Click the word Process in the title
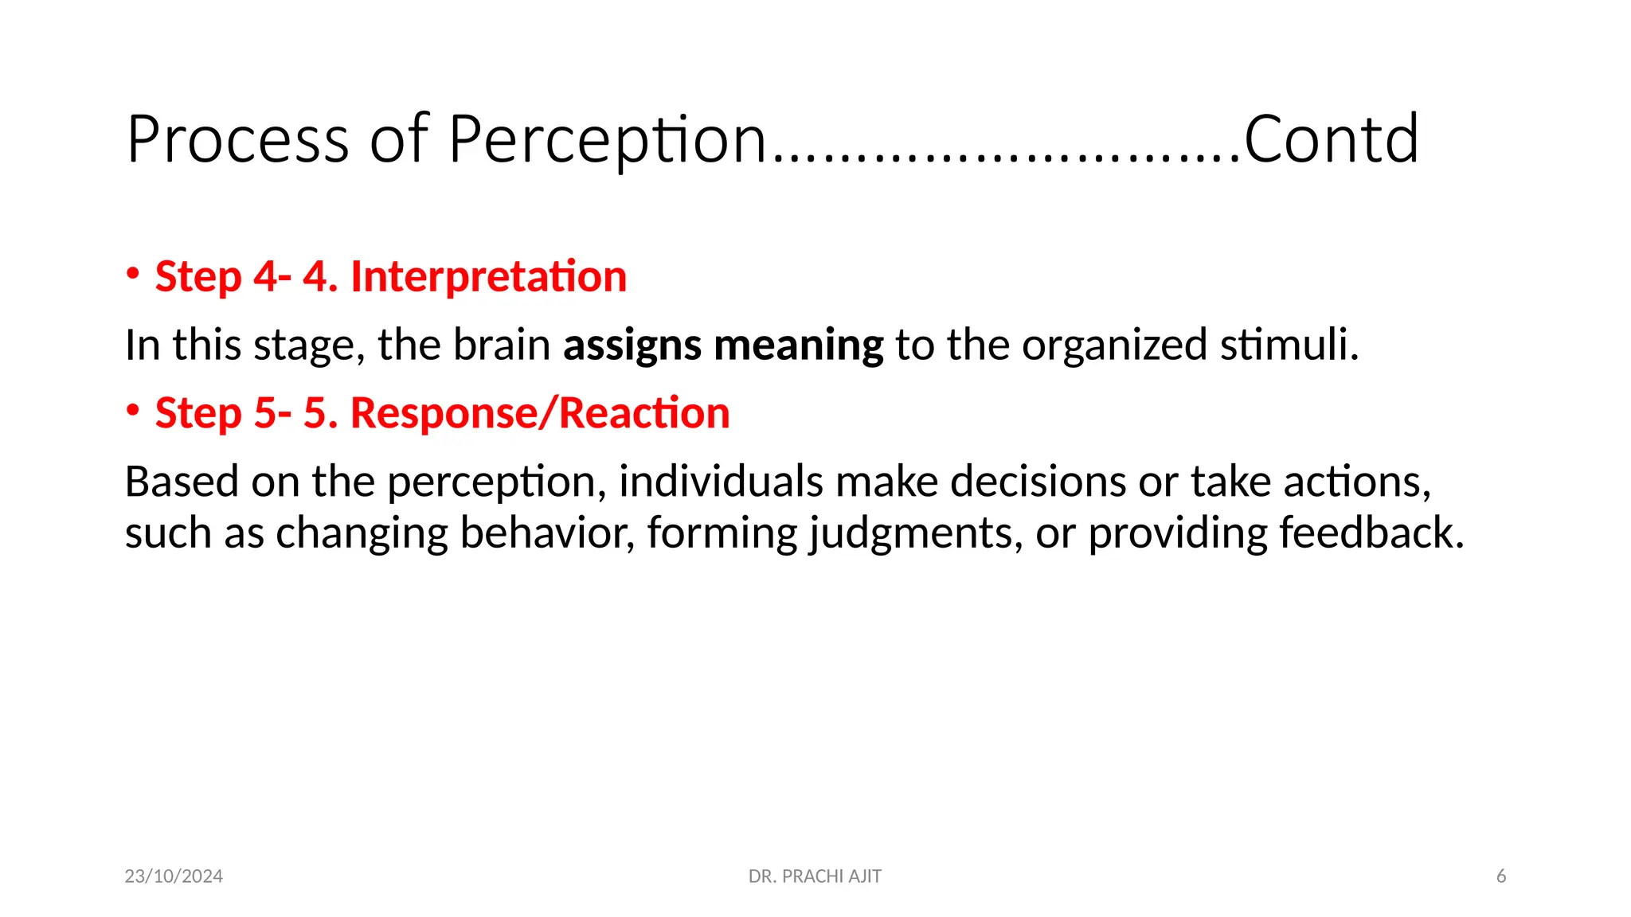pos(237,140)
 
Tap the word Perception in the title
pos(607,140)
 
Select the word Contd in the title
pos(1331,140)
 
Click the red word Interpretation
pos(488,277)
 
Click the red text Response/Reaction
pos(540,414)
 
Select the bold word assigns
pos(632,345)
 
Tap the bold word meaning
pos(798,345)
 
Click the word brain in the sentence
pos(502,345)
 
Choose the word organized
pos(1114,345)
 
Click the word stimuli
pos(1289,345)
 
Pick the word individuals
pos(721,482)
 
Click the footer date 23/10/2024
pos(174,876)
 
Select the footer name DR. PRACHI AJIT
pos(815,876)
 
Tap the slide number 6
pos(1501,876)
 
